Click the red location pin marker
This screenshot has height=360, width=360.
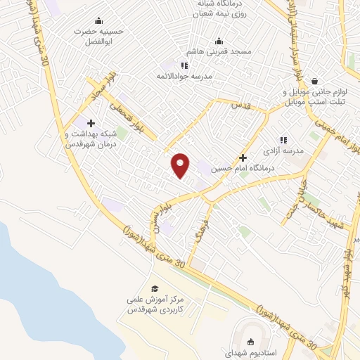tap(181, 165)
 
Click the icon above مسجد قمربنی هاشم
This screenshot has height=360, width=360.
tap(219, 40)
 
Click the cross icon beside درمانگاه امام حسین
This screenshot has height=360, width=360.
tap(243, 157)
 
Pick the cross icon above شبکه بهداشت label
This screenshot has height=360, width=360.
tap(91, 123)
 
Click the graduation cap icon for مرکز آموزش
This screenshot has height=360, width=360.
tap(155, 288)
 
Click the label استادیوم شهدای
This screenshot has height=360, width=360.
tap(252, 354)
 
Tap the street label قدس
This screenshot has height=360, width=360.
tap(241, 105)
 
